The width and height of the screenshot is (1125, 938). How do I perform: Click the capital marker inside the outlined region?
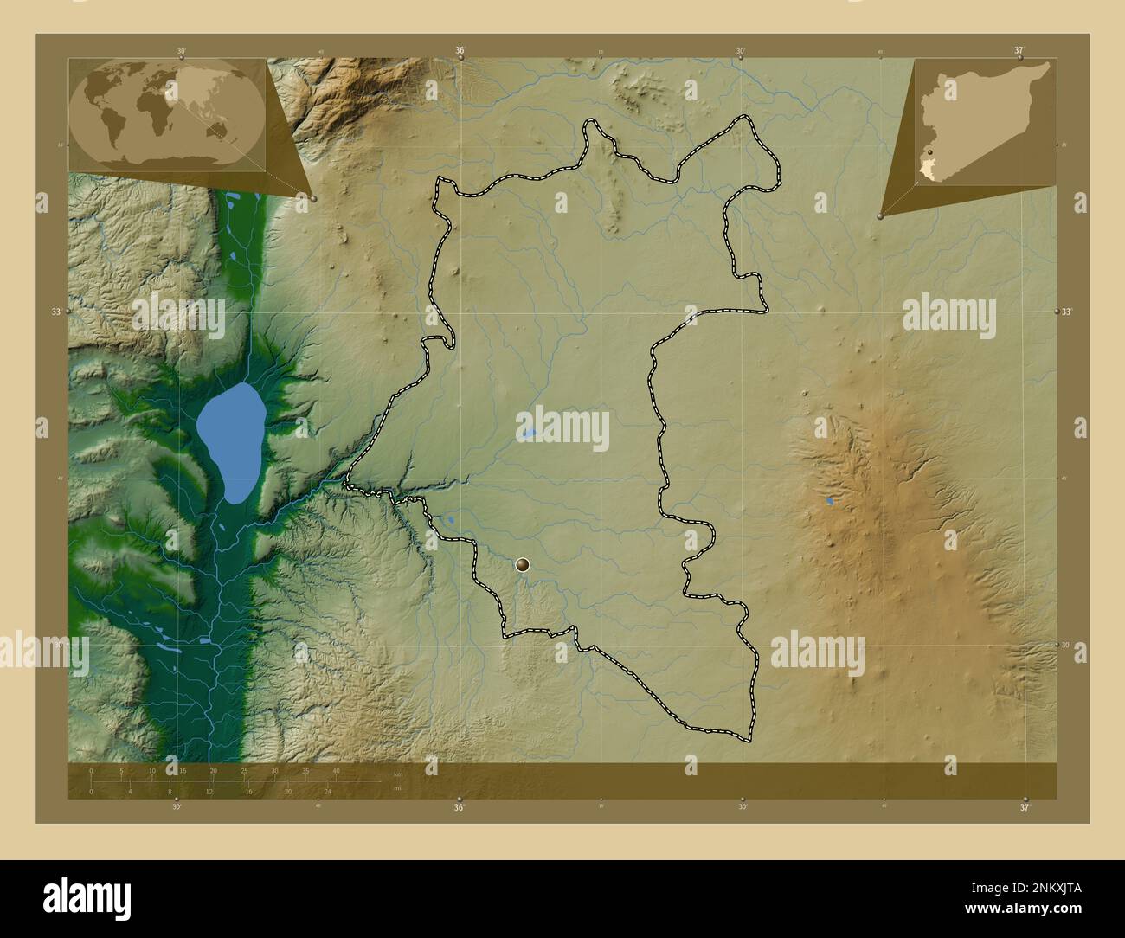[x=523, y=566]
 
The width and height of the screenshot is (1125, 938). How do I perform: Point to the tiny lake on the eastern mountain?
[x=830, y=501]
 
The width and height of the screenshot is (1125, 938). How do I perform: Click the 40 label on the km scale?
[x=336, y=770]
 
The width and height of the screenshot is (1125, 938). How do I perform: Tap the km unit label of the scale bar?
[x=398, y=775]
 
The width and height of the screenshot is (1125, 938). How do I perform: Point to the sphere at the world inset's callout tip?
[x=312, y=198]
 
